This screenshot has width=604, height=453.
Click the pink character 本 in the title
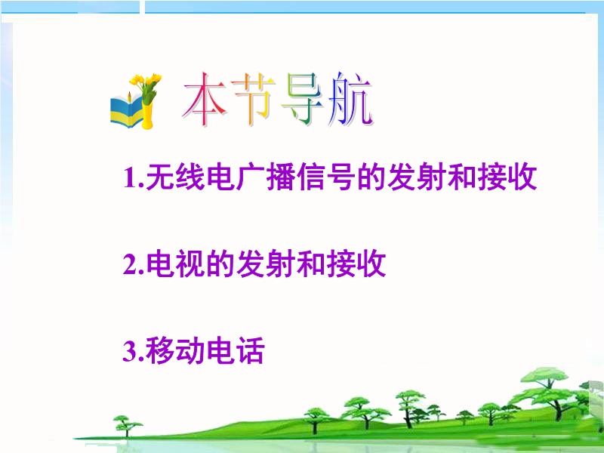pos(205,100)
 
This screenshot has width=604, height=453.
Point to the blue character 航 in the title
pos(350,100)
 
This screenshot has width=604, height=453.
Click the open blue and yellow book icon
pos(125,109)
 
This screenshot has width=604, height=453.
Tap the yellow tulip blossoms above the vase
pos(146,81)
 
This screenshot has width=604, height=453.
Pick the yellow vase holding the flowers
pos(147,115)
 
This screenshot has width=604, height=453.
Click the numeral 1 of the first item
pos(131,177)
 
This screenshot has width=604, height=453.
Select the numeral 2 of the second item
pos(131,264)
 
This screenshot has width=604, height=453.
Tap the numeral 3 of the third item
pos(131,350)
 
